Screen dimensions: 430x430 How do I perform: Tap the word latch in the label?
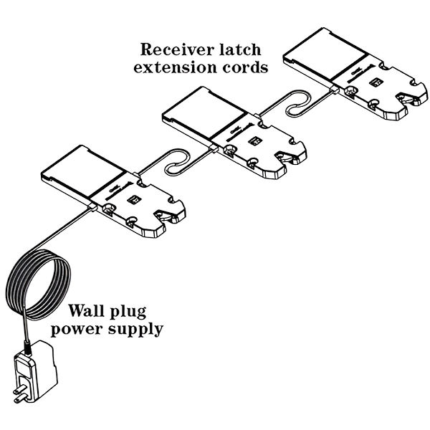click(x=236, y=50)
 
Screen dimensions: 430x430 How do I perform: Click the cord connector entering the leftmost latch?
click(x=93, y=206)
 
